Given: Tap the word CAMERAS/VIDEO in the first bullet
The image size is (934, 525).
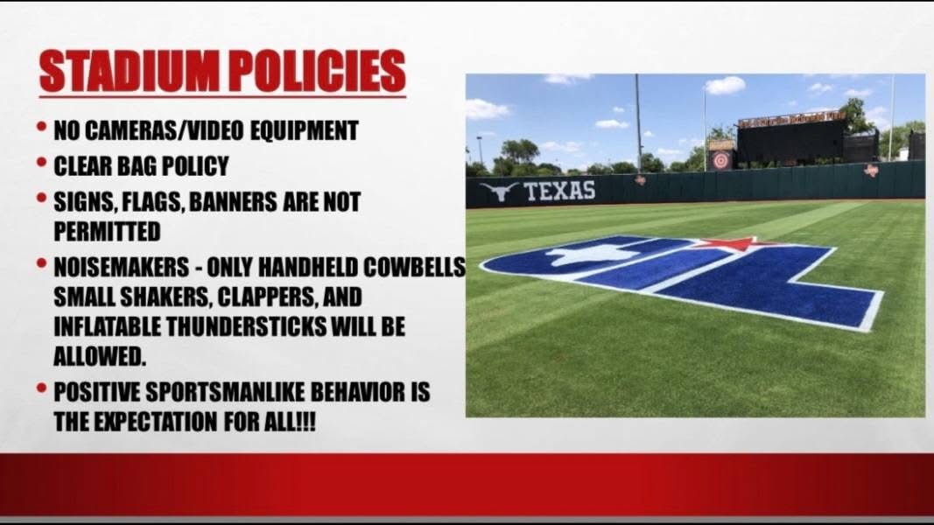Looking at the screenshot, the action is [164, 131].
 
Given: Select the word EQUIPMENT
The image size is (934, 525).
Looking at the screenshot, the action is [304, 131].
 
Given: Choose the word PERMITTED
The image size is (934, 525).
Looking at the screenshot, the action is [107, 232].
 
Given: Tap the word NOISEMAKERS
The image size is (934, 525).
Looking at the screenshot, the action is [122, 268].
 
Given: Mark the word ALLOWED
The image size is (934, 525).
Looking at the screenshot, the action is [100, 356].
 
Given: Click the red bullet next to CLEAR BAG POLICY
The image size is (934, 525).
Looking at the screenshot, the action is [41, 162].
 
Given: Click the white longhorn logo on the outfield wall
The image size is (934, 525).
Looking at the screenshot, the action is [499, 191].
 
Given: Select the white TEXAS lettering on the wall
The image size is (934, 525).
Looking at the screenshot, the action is [559, 191].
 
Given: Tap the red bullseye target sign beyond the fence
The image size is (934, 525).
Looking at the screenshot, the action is [720, 160].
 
